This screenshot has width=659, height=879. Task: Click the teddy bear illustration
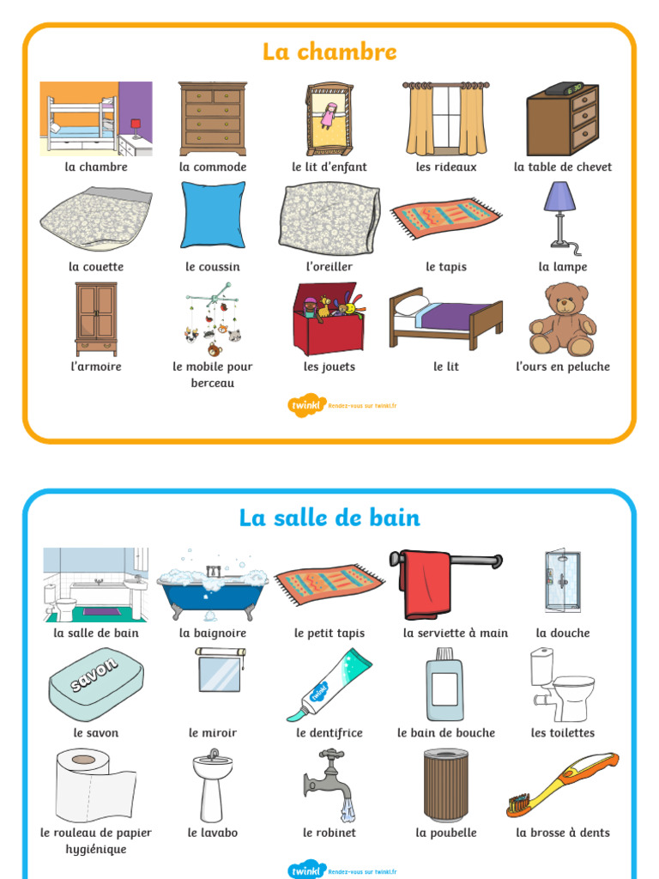563,319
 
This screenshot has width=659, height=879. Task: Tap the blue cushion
213,215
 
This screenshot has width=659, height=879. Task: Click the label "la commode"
213,167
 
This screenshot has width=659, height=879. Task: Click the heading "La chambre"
329,52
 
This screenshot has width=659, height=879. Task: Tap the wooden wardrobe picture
96,319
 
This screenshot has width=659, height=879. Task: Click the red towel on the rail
427,584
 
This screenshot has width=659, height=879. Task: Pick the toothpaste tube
329,684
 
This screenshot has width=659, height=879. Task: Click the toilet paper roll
95,785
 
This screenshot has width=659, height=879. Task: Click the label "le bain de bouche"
446,733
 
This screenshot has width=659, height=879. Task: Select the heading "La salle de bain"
329,518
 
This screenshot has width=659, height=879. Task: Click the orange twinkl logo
306,405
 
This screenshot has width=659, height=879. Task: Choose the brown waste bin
446,785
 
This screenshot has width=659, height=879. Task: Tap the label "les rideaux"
446,167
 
